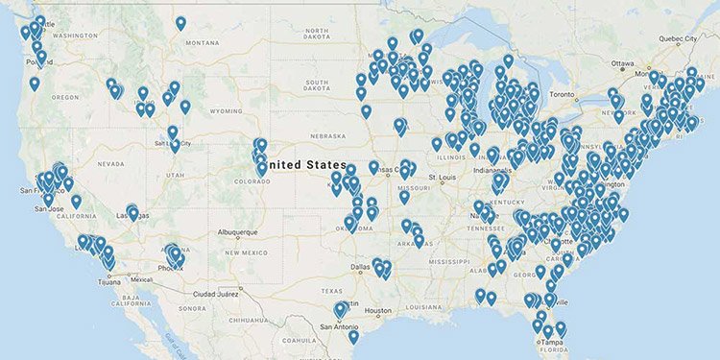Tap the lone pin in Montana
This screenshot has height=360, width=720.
(182, 24)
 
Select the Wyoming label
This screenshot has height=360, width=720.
(226, 111)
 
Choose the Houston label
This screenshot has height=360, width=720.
(378, 310)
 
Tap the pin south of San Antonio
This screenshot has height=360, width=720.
(353, 337)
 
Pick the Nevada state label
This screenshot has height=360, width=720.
(111, 163)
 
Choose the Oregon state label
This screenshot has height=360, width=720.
(65, 96)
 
